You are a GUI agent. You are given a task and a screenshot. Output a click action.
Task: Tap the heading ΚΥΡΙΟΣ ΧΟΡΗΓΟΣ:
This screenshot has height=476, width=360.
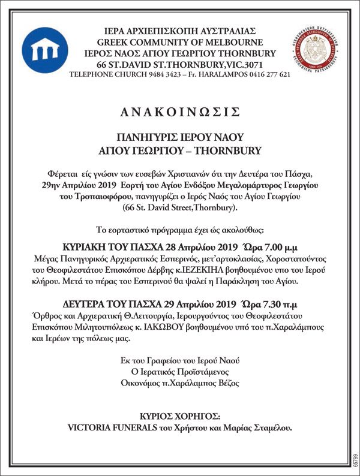[180, 415]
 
